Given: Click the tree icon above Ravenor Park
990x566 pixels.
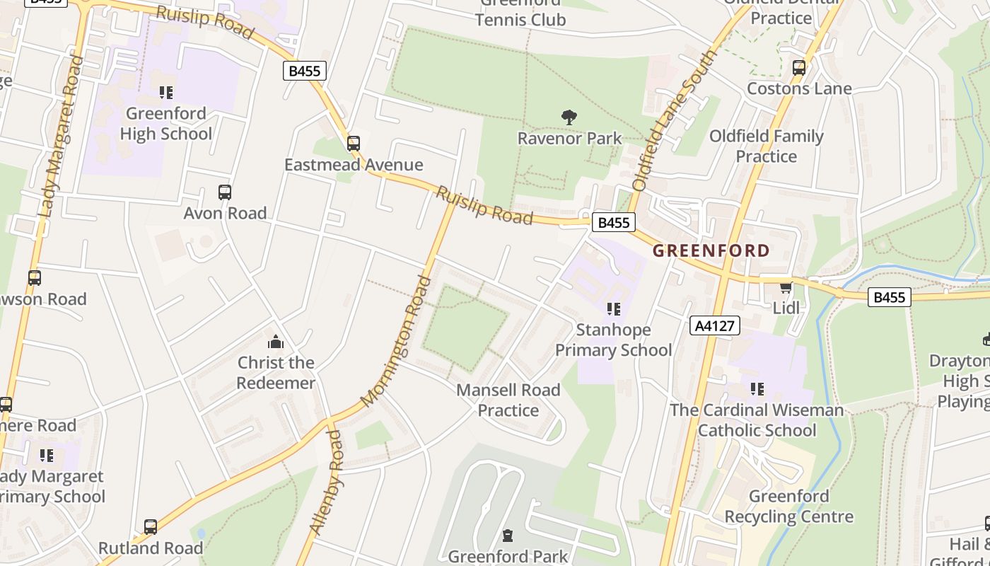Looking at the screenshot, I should tap(569, 117).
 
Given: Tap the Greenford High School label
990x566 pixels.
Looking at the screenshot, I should tap(165, 124).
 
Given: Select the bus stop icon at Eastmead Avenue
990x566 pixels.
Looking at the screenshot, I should tap(354, 144).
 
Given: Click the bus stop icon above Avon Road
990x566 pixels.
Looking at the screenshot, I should tap(225, 192).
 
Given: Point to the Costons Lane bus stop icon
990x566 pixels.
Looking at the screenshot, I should tap(799, 69).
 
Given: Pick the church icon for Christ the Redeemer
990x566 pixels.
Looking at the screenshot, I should tap(276, 343).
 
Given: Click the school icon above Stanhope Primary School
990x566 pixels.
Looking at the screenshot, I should tap(613, 309).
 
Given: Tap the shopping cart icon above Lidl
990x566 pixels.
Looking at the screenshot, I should tap(786, 287).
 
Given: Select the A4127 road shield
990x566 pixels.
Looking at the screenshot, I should tap(714, 325).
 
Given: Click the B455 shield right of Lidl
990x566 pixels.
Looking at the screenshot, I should tap(889, 297).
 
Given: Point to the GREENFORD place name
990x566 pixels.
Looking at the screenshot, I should tap(711, 250).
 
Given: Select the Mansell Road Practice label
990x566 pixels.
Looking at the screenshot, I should tap(508, 400).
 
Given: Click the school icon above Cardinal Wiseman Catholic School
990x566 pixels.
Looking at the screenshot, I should tap(757, 389).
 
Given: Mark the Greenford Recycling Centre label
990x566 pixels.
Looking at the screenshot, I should tap(788, 507).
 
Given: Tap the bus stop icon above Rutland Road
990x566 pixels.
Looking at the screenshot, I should tap(151, 527).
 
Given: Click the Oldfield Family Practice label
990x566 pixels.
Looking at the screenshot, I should tap(766, 146).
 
